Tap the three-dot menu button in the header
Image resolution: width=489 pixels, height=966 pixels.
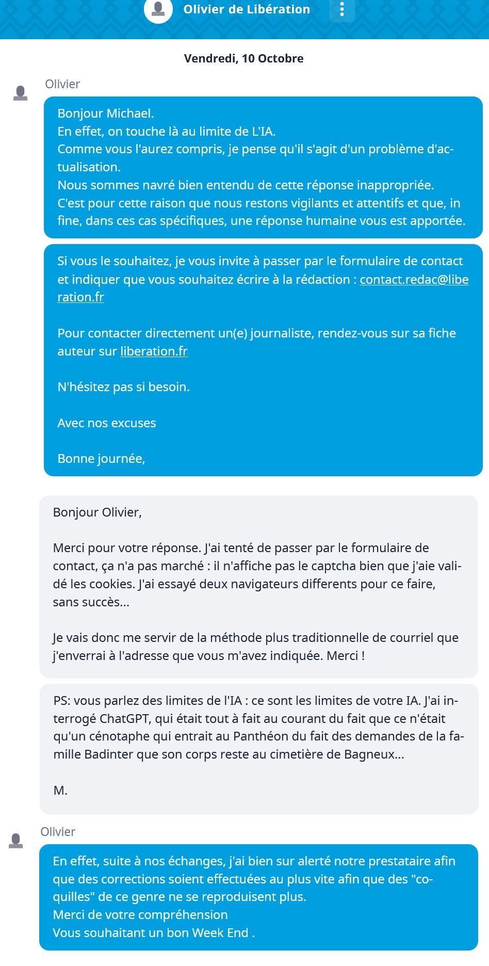tap(341, 9)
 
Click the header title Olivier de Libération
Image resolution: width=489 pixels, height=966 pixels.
tap(247, 9)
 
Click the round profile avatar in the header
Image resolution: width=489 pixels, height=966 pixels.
tap(158, 9)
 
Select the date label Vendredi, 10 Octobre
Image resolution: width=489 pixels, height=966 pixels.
tap(243, 58)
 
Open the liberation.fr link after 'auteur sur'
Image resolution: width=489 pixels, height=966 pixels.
tap(154, 351)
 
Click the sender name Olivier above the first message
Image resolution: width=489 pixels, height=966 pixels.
tap(62, 84)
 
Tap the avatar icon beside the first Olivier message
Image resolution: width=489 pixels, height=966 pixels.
tap(21, 93)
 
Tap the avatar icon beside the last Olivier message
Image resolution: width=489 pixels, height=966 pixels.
tap(16, 841)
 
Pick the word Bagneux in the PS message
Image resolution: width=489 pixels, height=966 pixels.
tap(369, 754)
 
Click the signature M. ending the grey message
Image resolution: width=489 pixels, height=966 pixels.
tap(60, 791)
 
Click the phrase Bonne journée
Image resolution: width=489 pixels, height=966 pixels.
tap(101, 459)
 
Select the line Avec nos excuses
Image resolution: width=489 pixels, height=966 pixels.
tap(107, 423)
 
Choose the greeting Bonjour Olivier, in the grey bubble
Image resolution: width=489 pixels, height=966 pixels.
tap(97, 512)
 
